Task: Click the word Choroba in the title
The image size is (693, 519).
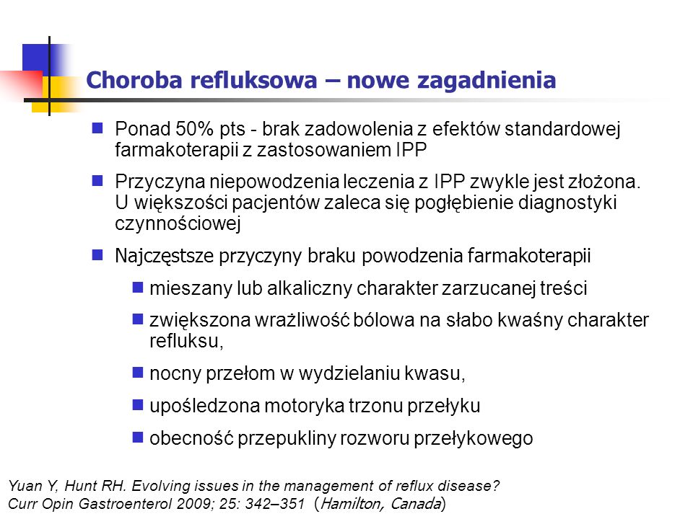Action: tap(134, 80)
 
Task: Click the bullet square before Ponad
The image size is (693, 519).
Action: tap(97, 128)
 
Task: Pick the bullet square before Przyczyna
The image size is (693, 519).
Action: tap(97, 180)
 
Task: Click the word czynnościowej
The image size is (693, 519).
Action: tap(178, 223)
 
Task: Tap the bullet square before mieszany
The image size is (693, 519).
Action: tap(138, 288)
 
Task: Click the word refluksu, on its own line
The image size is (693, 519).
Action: tap(186, 341)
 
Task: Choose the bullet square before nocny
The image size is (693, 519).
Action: tap(138, 373)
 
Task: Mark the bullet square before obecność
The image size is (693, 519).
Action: tap(138, 438)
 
